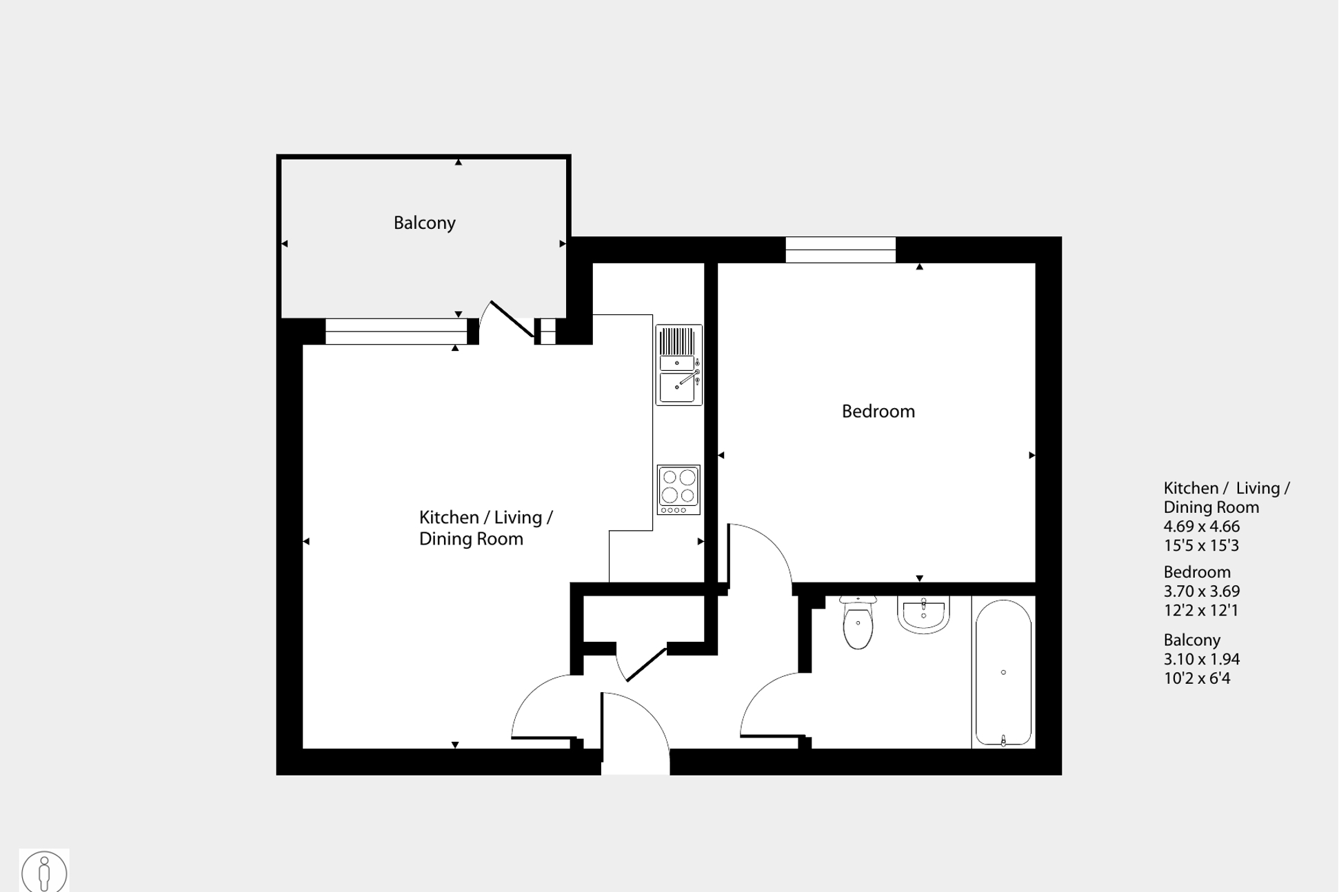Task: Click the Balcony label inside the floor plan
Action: pyautogui.click(x=424, y=223)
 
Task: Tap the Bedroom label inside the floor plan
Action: pyautogui.click(x=878, y=412)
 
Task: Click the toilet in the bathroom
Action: pyautogui.click(x=858, y=623)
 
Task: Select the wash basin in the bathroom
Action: pyautogui.click(x=923, y=614)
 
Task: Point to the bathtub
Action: pyautogui.click(x=1003, y=673)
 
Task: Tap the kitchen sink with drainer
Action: pyautogui.click(x=678, y=365)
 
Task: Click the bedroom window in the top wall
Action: pyautogui.click(x=840, y=250)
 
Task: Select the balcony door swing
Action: pyautogui.click(x=509, y=320)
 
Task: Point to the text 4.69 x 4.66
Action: pyautogui.click(x=1201, y=527)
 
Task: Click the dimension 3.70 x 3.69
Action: pyautogui.click(x=1201, y=591)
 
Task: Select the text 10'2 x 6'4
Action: pyautogui.click(x=1196, y=678)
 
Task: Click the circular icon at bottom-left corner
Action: pyautogui.click(x=44, y=871)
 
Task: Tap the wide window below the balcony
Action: pyautogui.click(x=396, y=332)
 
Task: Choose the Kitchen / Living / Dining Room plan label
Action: pyautogui.click(x=485, y=528)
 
